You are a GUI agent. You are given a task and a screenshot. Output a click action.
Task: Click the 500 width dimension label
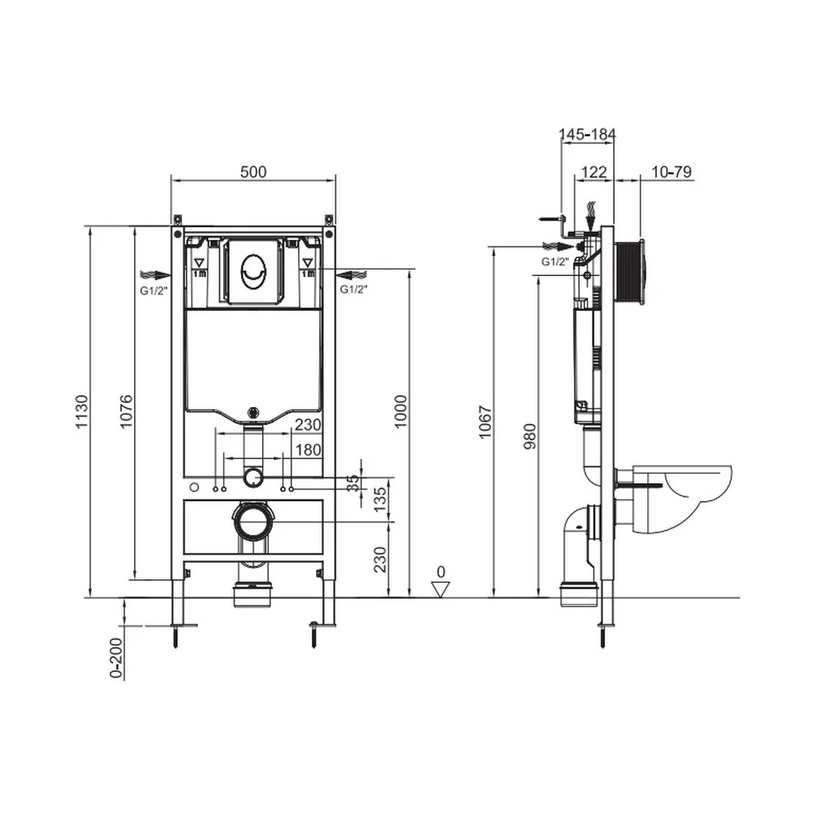(253, 172)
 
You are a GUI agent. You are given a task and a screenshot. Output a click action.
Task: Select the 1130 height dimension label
(82, 412)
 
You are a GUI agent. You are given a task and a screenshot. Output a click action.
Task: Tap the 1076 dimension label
(127, 412)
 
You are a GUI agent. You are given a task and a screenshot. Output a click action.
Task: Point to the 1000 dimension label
(400, 412)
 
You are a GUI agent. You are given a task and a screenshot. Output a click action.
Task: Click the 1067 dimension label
(485, 422)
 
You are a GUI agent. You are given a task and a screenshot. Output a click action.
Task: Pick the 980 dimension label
(530, 436)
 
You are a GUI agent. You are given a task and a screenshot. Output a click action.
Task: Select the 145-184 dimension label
(587, 134)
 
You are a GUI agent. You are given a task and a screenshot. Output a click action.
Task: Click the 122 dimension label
(594, 172)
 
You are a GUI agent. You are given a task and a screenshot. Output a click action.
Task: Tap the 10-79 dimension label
(672, 172)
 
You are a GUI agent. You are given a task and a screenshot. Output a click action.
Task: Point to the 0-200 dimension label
(116, 658)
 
